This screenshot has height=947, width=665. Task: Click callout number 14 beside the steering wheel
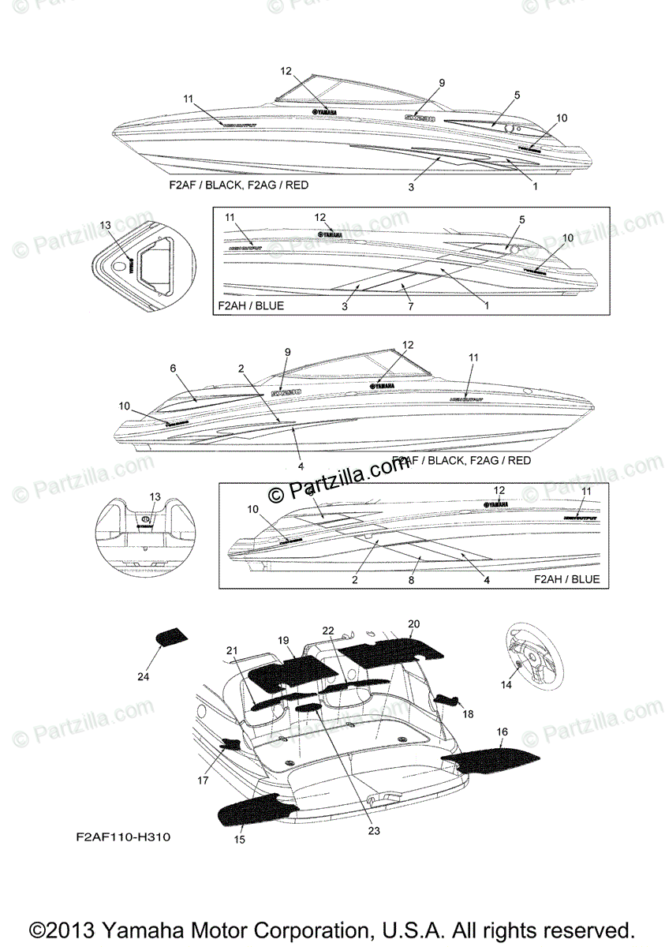point(506,686)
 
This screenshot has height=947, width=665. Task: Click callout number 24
point(143,676)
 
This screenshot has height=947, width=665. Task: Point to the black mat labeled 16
point(491,760)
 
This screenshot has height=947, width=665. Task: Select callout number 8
point(410,580)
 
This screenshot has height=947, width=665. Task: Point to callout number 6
point(173,368)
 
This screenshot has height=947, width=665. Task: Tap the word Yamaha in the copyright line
point(173,929)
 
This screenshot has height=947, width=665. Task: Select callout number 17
point(203,780)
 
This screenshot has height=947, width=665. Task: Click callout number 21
point(231,650)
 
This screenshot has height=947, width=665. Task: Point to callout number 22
point(328,630)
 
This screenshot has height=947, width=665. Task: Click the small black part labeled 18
point(448,700)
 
